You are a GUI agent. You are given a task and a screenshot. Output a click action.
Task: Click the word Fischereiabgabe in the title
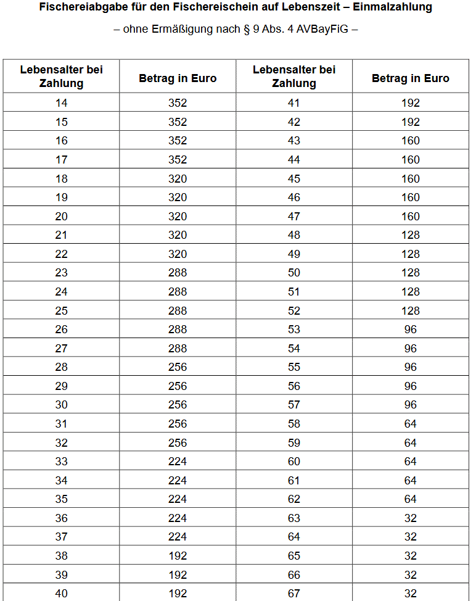(77, 7)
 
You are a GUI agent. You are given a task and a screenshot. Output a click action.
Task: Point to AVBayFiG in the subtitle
(322, 29)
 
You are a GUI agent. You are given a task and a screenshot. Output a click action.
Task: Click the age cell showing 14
(62, 103)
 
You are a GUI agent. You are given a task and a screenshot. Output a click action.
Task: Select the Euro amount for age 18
(178, 178)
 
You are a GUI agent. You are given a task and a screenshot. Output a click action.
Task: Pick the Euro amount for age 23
(178, 273)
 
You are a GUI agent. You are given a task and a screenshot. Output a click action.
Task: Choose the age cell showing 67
(294, 594)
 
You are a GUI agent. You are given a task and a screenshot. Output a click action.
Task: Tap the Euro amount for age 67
(411, 594)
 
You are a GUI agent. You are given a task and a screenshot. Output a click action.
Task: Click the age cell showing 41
(294, 103)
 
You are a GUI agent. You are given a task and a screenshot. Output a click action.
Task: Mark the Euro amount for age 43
(411, 141)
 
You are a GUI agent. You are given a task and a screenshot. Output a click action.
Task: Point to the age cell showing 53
(294, 330)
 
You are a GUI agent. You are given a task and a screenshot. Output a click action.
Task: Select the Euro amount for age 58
(411, 424)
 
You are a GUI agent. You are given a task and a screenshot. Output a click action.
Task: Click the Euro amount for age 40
(178, 594)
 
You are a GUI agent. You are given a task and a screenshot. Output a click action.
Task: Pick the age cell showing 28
(62, 367)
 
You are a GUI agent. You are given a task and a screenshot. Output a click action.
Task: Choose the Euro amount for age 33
(178, 462)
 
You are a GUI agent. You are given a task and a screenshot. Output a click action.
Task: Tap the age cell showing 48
(294, 235)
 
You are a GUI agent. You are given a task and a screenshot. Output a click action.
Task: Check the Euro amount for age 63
(411, 518)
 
